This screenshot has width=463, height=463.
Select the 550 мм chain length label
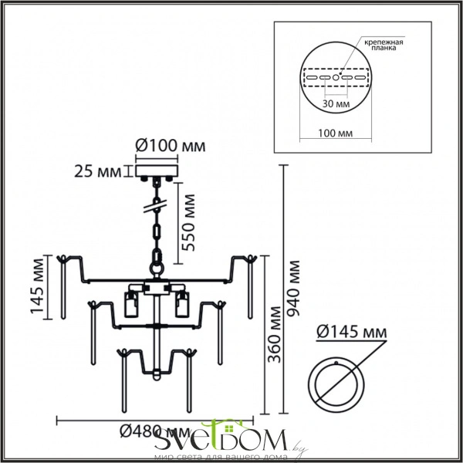click(188, 219)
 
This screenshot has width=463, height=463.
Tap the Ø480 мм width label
click(159, 432)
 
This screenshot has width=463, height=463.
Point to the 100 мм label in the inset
click(334, 132)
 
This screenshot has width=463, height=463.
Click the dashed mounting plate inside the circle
click(334, 78)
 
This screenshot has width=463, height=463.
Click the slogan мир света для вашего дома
click(225, 457)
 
